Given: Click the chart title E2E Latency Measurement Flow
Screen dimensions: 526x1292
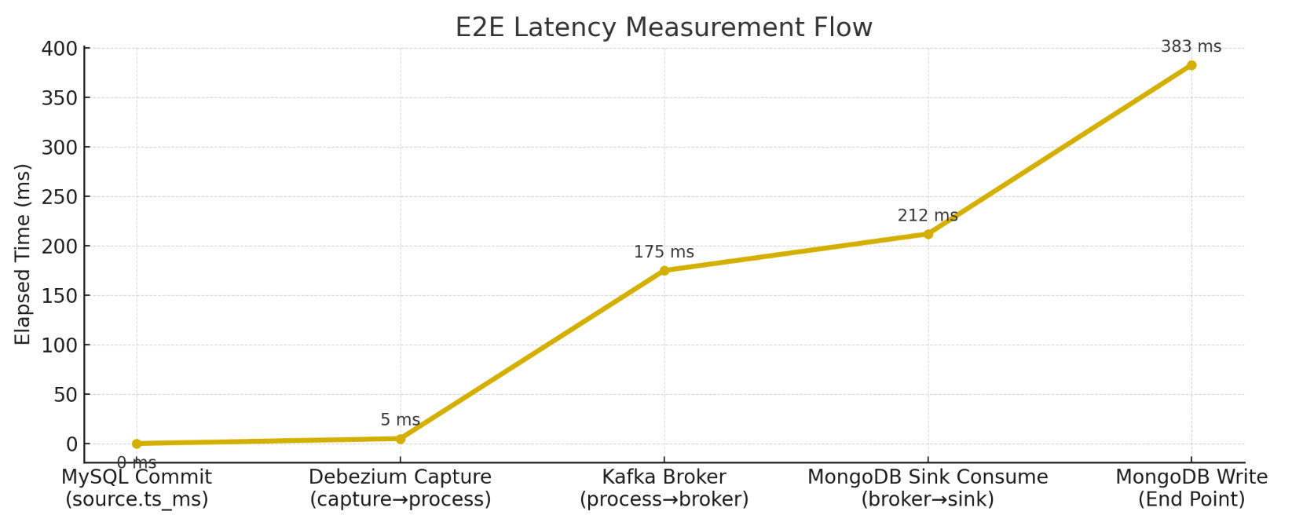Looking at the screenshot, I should click(x=664, y=27).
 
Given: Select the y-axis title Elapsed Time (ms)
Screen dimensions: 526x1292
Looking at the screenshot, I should click(x=23, y=254).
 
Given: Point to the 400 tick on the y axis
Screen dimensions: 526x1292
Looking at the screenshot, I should click(x=60, y=49).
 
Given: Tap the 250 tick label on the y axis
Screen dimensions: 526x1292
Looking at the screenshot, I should click(x=60, y=197).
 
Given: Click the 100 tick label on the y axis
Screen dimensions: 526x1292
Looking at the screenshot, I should click(x=60, y=345).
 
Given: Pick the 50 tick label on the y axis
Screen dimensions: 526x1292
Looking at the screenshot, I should click(x=66, y=395).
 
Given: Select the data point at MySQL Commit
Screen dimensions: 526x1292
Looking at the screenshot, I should click(x=137, y=444).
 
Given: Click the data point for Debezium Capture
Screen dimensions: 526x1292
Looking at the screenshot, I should click(x=401, y=439).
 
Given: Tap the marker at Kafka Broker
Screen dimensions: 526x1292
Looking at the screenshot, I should click(x=664, y=271).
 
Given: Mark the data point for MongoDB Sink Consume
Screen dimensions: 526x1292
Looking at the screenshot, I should click(x=928, y=234).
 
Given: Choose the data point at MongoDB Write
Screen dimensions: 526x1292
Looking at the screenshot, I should click(x=1191, y=65).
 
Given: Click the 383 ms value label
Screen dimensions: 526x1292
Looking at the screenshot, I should click(x=1191, y=47).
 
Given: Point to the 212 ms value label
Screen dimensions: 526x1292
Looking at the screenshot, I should click(x=928, y=216).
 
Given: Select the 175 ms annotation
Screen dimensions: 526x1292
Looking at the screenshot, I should click(x=664, y=253).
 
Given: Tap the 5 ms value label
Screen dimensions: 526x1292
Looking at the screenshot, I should click(x=400, y=421).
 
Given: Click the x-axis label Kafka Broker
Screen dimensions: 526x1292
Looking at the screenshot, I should click(x=664, y=477).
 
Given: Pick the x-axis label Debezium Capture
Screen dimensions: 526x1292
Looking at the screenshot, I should click(x=400, y=477).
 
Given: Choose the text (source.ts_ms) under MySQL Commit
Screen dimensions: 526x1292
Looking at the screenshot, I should click(x=137, y=500).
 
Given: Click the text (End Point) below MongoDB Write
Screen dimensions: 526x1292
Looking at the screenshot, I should click(x=1191, y=500).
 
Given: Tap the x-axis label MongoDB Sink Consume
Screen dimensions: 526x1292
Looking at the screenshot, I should click(x=928, y=477).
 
